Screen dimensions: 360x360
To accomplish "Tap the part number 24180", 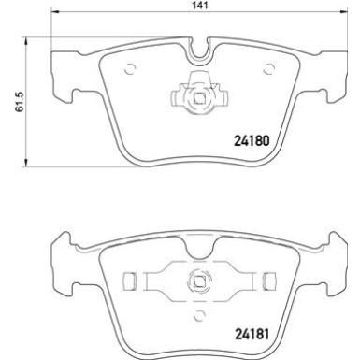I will [x=251, y=143].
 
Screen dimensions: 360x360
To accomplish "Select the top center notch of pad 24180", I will [x=199, y=49].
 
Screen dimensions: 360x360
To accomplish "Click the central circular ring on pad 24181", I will [x=199, y=278].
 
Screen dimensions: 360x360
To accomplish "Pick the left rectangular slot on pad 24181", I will [x=131, y=279].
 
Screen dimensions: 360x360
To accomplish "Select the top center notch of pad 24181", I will [x=199, y=241].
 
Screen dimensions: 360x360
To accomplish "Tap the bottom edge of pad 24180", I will [x=199, y=171].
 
